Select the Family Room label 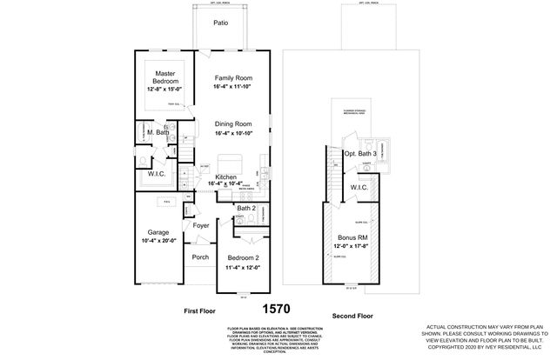click(232, 78)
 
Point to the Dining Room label click(232, 124)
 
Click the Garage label click(158, 232)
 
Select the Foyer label click(201, 226)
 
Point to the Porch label click(200, 257)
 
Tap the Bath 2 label click(245, 209)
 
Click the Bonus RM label click(353, 237)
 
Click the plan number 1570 click(277, 308)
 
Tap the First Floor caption click(200, 309)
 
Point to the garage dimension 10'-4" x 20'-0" click(158, 241)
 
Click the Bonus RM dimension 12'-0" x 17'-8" click(353, 246)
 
